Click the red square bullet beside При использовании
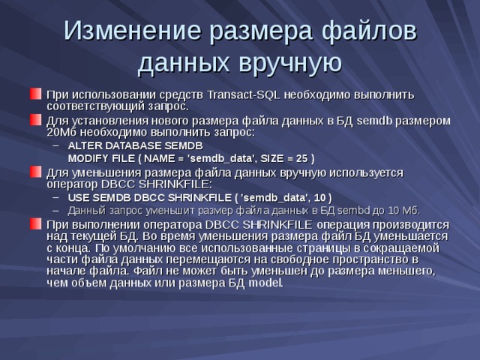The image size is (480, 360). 36,94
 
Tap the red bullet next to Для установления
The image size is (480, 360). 36,119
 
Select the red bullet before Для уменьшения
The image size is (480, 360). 36,172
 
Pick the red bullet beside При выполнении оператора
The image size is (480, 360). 36,224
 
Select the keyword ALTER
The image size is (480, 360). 84,145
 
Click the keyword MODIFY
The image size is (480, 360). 87,158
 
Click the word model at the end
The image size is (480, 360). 266,283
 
